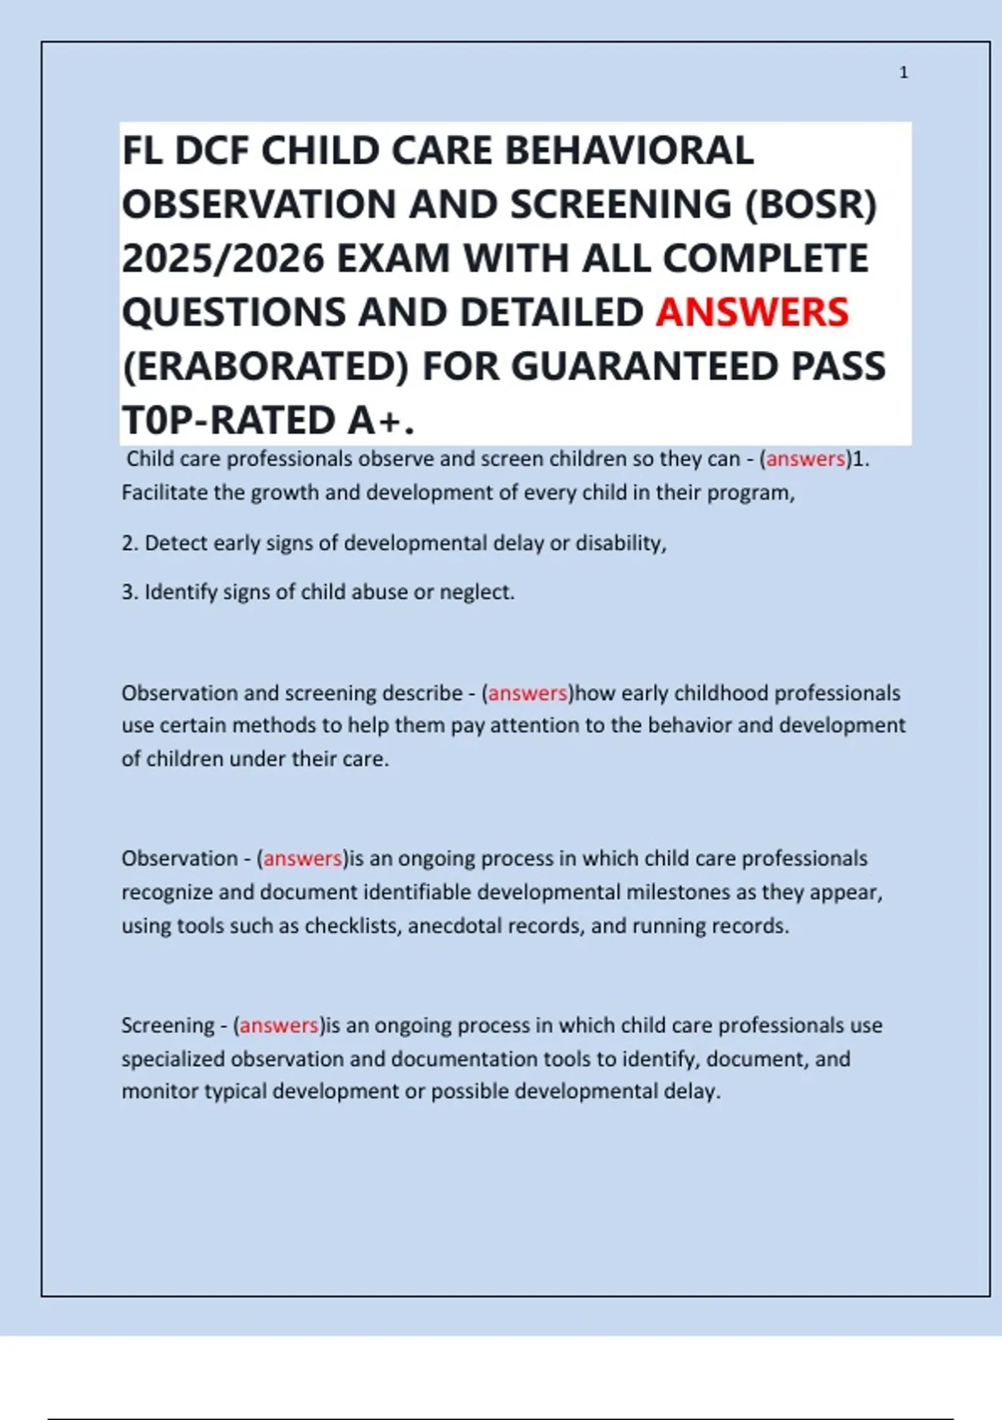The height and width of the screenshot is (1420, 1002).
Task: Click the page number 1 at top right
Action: (903, 73)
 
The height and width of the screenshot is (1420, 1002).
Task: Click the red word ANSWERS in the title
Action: (751, 312)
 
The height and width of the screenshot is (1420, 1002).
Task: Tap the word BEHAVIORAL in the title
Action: (629, 151)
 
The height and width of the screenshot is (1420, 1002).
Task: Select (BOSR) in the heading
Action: (810, 205)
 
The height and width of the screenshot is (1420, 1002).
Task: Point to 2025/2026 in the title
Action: (223, 259)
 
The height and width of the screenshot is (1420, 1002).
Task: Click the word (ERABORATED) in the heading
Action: (266, 367)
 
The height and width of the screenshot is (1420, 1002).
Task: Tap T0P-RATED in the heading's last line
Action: (229, 420)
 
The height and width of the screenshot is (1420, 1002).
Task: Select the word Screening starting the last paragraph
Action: (168, 1025)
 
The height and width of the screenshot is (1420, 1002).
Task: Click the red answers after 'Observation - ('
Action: (302, 859)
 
